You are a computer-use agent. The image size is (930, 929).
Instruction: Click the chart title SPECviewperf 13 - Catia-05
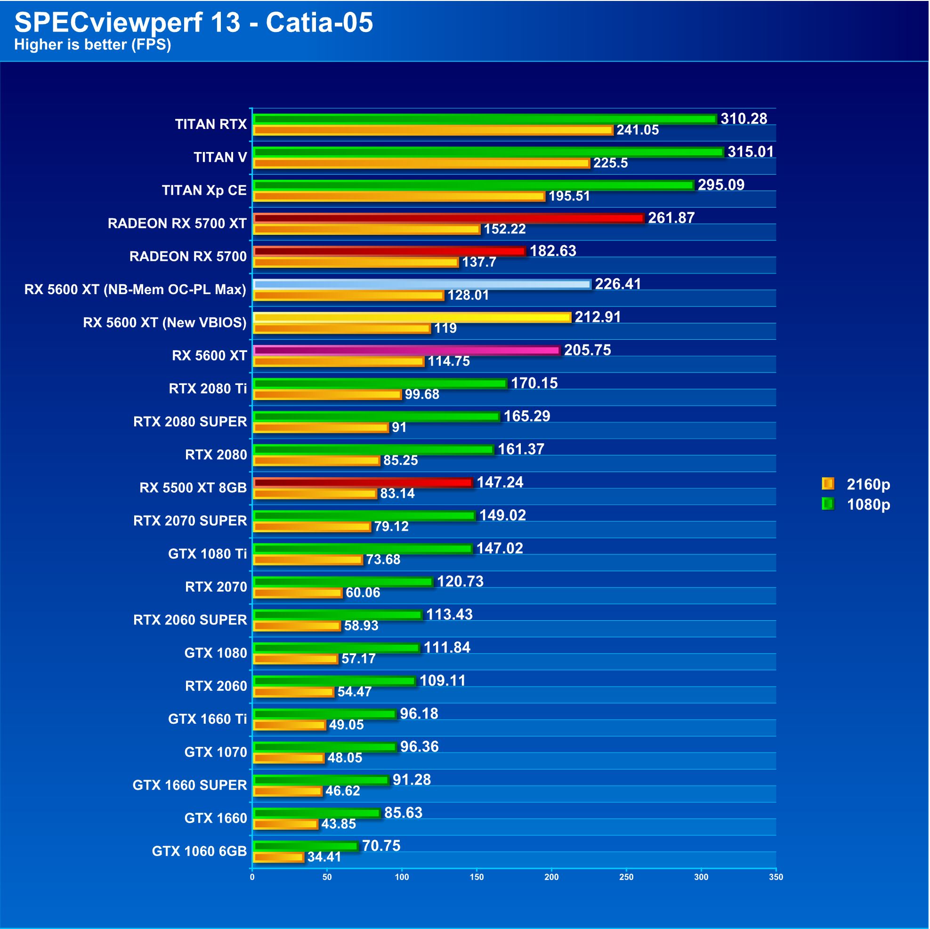point(194,22)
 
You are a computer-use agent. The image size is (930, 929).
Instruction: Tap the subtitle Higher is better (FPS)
point(92,45)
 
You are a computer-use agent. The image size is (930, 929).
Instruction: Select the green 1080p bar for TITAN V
point(488,152)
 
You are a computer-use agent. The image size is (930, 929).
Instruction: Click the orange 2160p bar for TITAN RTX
point(433,130)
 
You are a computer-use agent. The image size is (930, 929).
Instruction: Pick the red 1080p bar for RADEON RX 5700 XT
point(449,218)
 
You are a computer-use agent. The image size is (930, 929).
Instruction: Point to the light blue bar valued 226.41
point(421,284)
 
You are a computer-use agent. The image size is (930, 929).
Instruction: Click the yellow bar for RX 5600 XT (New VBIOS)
point(412,318)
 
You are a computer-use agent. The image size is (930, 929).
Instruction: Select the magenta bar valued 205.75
point(407,350)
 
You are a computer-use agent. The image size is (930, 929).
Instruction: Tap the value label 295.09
point(720,185)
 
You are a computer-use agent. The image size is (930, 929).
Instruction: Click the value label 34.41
point(324,857)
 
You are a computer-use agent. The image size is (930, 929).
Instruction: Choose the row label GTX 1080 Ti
point(208,554)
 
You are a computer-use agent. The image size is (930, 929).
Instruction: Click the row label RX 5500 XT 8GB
point(193,488)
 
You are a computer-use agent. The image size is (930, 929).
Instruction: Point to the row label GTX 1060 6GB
point(199,851)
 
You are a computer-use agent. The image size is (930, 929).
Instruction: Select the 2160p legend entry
point(857,484)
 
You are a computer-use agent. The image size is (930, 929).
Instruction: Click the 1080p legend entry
point(857,504)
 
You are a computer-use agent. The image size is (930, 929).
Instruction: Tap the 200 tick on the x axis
point(552,877)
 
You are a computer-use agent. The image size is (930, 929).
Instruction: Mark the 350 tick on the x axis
point(776,877)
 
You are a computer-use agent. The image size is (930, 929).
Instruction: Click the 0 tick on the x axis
point(252,877)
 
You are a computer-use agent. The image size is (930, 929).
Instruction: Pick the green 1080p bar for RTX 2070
point(343,582)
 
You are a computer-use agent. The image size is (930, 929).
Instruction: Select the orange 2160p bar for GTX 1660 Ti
point(290,725)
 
